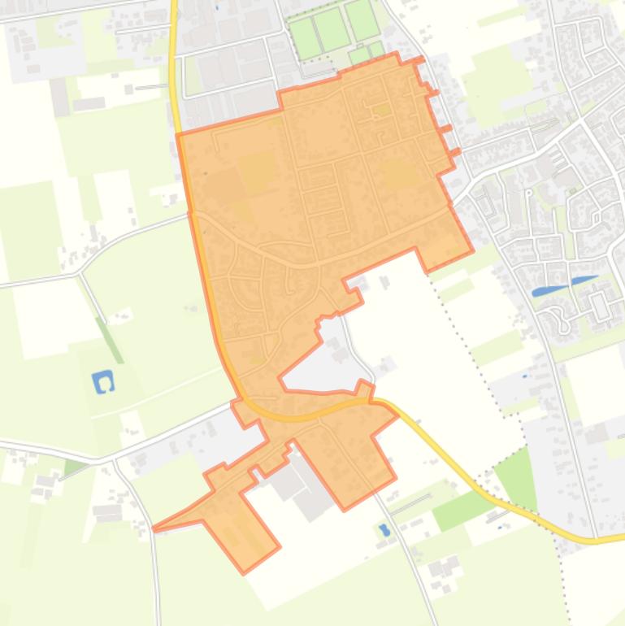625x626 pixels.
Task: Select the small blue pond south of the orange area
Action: click(384, 530)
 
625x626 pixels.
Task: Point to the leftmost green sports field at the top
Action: click(305, 38)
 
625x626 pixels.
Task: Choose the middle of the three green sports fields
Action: click(331, 30)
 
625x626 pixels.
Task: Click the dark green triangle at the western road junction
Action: click(74, 467)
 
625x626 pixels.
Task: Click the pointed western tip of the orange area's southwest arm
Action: click(155, 528)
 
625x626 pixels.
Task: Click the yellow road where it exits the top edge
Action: click(174, 3)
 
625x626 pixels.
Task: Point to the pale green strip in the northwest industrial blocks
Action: click(193, 76)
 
